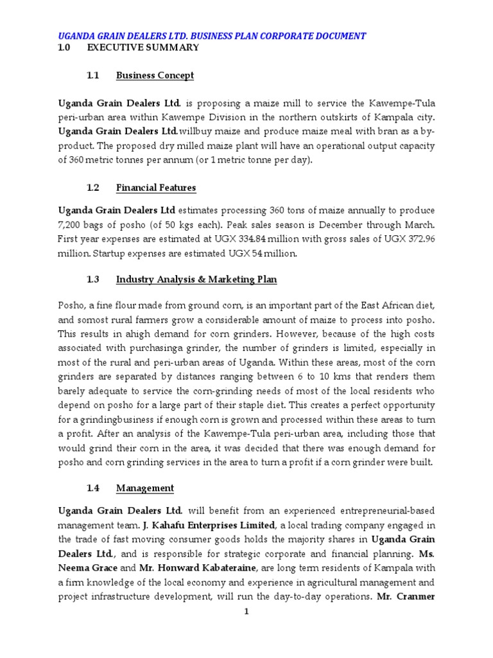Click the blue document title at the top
(x=212, y=36)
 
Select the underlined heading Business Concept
(x=155, y=76)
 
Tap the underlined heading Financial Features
(x=156, y=188)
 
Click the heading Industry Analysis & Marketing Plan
(x=196, y=280)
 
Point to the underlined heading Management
(x=145, y=488)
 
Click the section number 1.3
(x=93, y=280)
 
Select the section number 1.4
(x=93, y=488)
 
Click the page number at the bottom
(x=246, y=612)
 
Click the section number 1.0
(x=65, y=48)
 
